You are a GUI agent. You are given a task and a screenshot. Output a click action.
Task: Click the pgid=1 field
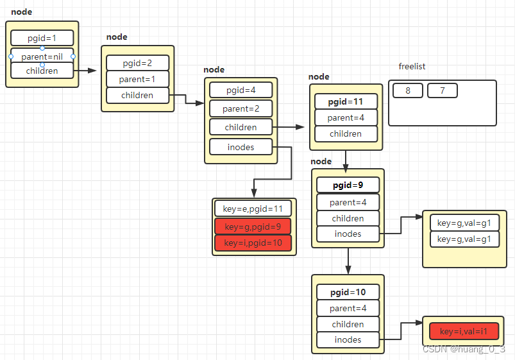coord(42,38)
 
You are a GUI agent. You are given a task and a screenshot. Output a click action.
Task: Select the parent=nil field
coord(42,56)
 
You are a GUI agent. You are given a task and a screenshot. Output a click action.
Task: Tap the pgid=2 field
coord(137,63)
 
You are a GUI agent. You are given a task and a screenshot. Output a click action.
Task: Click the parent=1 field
coord(137,79)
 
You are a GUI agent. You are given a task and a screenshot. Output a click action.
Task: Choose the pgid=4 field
coord(241,90)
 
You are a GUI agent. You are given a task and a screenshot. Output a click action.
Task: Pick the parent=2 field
coord(241,108)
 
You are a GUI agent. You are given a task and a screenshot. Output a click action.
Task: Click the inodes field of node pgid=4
coord(241,147)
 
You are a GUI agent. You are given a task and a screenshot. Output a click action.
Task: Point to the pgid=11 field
coord(346,101)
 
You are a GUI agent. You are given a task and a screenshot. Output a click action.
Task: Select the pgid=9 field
coord(348,185)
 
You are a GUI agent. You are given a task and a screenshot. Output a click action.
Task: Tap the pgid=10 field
coord(348,292)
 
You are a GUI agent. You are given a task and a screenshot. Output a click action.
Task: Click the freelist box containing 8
coord(408,90)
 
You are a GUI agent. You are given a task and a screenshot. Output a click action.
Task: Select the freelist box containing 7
coord(442,90)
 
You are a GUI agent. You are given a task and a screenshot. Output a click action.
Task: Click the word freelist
coord(412,67)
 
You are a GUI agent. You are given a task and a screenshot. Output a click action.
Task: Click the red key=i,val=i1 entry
coord(460,331)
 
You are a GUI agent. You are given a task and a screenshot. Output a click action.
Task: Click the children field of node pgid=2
coord(137,95)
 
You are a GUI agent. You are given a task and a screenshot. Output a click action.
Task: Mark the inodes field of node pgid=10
coord(348,339)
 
